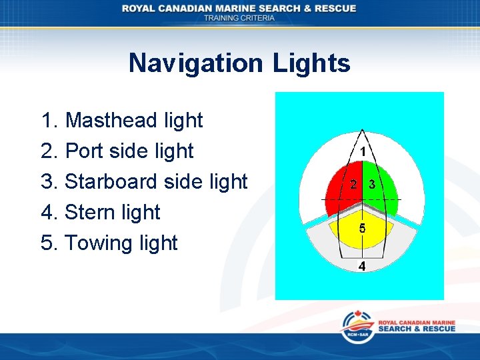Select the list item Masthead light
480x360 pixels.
[x=121, y=120]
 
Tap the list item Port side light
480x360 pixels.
[x=117, y=151]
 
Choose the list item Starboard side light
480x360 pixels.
[x=144, y=181]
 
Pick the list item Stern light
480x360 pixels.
[x=101, y=212]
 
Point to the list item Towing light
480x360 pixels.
[x=109, y=243]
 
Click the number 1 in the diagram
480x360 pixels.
[x=362, y=152]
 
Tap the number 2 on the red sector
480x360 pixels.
[x=353, y=184]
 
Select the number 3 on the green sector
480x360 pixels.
[x=372, y=184]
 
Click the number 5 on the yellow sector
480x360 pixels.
[x=362, y=228]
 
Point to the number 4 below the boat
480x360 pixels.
[x=362, y=266]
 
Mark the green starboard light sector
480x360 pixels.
[x=383, y=190]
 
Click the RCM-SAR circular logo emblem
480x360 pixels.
[x=357, y=327]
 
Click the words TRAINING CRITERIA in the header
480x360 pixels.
[x=239, y=18]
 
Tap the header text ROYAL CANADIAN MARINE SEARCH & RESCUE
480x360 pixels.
[x=239, y=8]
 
